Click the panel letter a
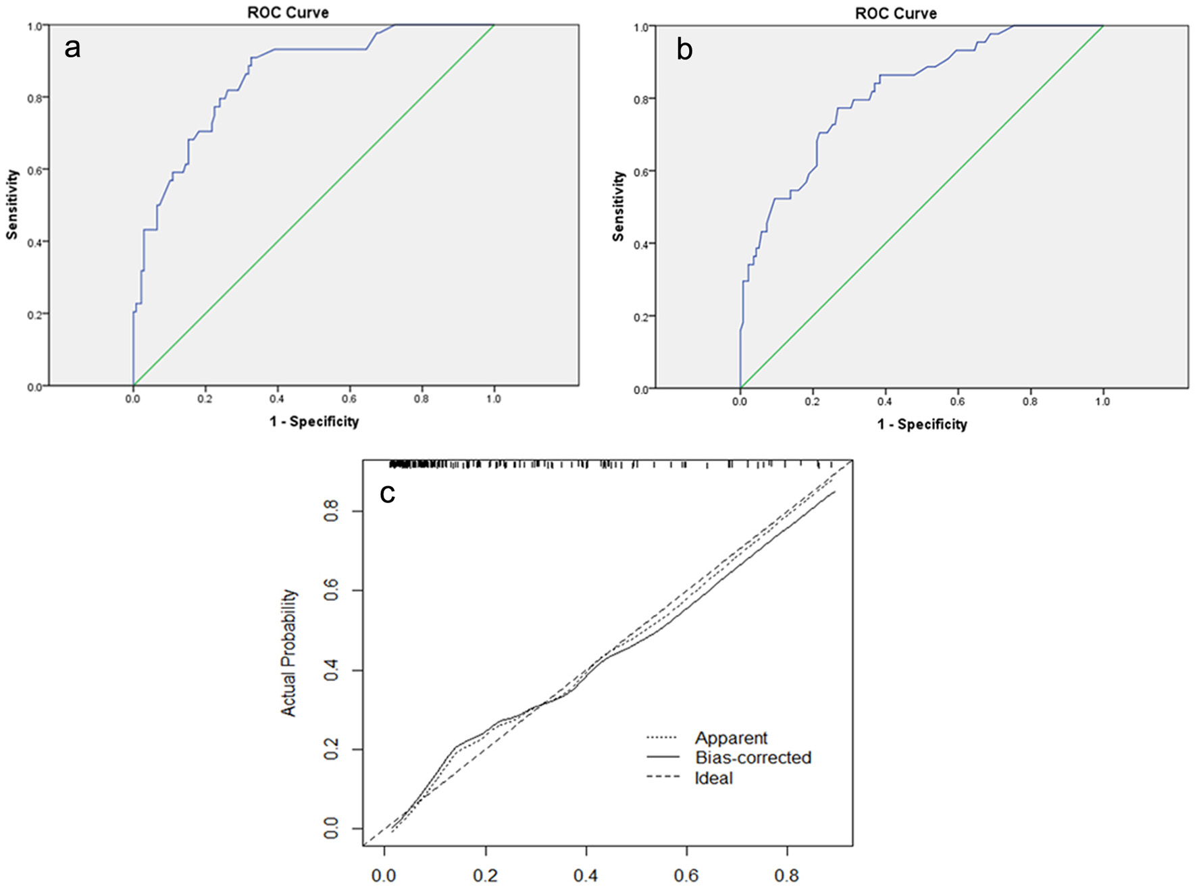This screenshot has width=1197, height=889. [72, 48]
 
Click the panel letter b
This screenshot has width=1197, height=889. [684, 50]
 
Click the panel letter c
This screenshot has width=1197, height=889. [387, 493]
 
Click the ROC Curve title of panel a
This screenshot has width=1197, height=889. [288, 13]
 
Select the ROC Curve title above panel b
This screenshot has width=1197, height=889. [896, 14]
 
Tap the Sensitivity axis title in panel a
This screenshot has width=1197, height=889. [11, 205]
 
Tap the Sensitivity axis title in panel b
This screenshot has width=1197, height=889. [618, 206]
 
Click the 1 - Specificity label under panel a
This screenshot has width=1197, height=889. [314, 422]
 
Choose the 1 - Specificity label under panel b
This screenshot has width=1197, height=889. [922, 425]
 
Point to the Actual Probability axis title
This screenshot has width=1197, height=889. [288, 652]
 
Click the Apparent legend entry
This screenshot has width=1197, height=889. [731, 738]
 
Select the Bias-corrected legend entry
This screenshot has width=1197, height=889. [753, 757]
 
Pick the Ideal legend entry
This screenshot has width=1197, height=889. [713, 778]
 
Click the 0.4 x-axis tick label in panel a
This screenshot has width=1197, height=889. [277, 399]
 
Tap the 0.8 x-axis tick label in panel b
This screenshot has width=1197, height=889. [1030, 402]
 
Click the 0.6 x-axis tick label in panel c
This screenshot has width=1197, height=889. [686, 876]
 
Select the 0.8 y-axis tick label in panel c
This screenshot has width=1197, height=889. [331, 511]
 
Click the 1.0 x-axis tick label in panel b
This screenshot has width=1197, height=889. [1102, 402]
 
